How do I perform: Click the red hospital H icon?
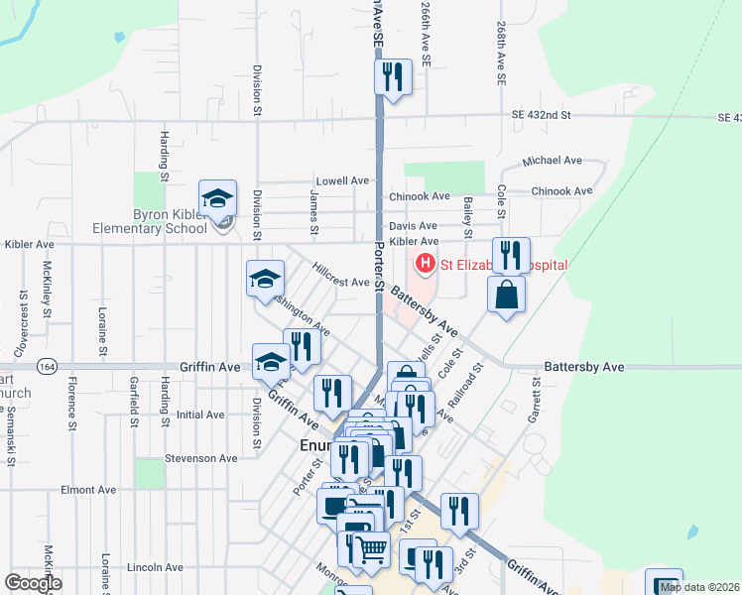(425, 264)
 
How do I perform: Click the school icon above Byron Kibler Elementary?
(217, 197)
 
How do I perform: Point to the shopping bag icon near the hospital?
(506, 295)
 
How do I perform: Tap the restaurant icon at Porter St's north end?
(394, 77)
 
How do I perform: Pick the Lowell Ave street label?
(342, 181)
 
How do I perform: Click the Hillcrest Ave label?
(340, 282)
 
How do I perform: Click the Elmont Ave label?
(88, 490)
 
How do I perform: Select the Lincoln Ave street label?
(156, 567)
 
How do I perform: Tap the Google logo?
(32, 583)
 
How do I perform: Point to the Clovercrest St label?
(22, 322)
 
